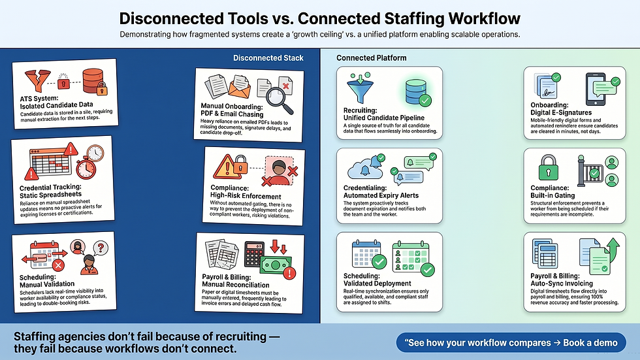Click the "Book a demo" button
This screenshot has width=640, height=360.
coord(511,342)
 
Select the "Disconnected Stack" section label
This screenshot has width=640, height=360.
coord(268,57)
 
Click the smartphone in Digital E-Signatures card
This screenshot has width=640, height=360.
coord(595,88)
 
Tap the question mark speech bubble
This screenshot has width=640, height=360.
coord(101,248)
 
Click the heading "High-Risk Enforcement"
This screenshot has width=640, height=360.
coord(245,195)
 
